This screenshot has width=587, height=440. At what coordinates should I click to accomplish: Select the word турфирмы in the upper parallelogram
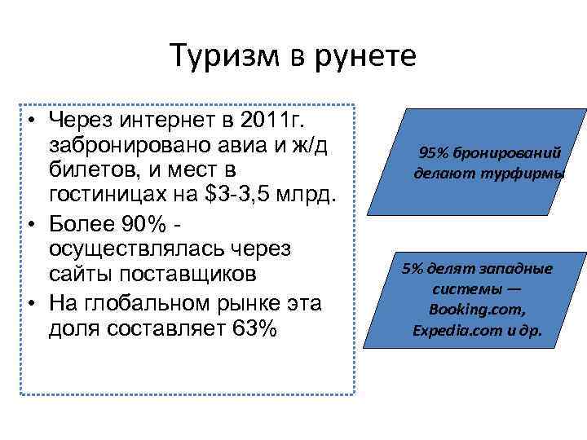pyautogui.click(x=532, y=173)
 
